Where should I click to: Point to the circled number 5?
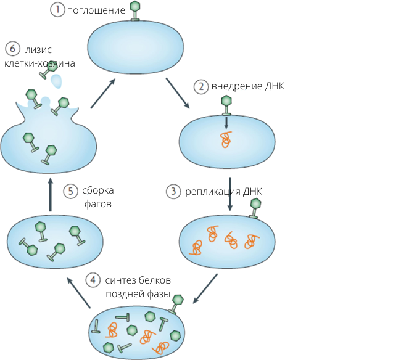(x=72, y=190)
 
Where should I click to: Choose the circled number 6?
(x=10, y=49)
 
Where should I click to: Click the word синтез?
(x=120, y=280)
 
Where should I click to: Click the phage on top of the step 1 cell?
(x=135, y=12)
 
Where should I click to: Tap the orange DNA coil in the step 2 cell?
(x=226, y=140)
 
